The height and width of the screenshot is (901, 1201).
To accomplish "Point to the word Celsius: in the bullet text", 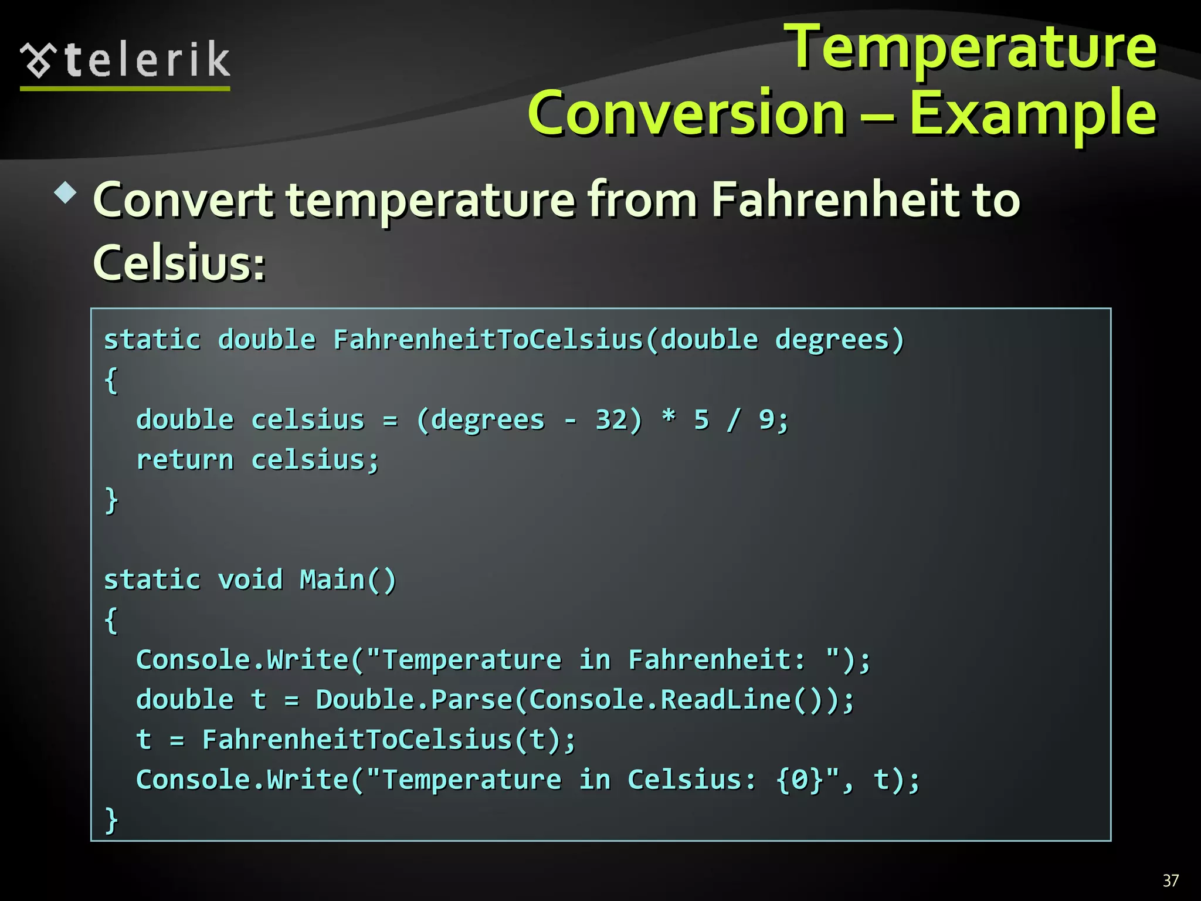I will coord(179,262).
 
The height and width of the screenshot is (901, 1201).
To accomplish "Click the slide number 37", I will coord(1171,880).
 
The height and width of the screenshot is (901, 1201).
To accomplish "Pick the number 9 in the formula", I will coord(766,420).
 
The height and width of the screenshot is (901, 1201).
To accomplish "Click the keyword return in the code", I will coord(185,460).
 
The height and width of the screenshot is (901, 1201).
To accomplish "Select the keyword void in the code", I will coord(250,580).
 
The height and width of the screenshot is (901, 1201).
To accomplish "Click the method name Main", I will coord(332,580).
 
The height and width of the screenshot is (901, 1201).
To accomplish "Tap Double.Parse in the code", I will coord(413,700).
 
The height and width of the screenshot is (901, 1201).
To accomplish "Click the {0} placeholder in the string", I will coord(800,780).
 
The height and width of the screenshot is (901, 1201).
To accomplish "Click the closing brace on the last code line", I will coord(111,820).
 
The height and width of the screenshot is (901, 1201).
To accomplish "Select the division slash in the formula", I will coord(733,420).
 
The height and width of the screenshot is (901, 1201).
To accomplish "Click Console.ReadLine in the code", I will coord(660,700).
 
